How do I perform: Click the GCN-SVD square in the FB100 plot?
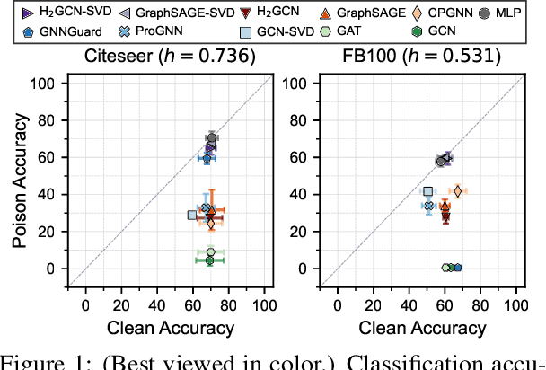click(428, 191)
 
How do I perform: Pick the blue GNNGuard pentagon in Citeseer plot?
click(207, 157)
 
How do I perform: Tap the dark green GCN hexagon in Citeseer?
click(210, 260)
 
